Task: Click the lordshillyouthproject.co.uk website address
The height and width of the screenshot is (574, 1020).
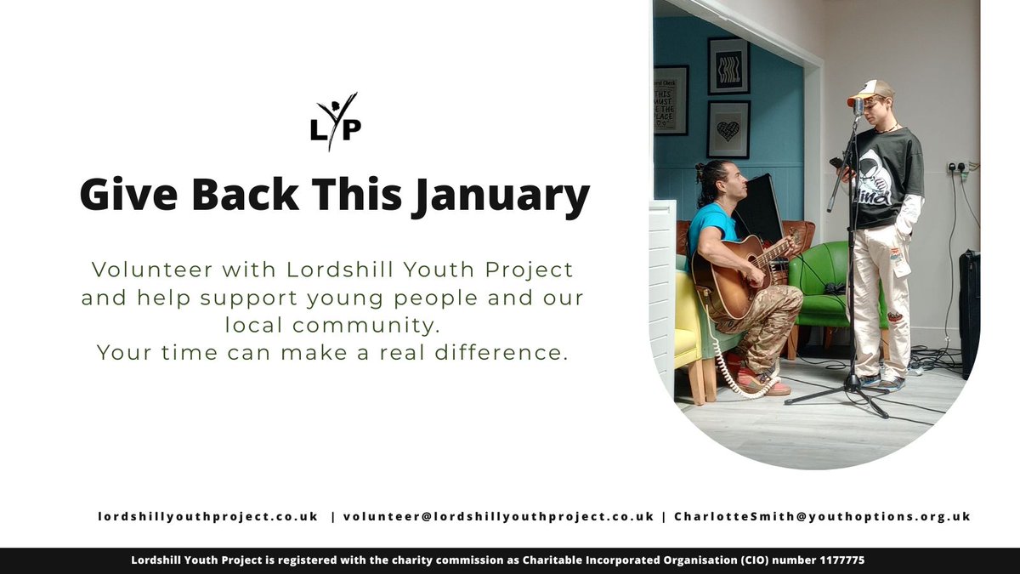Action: [x=207, y=516]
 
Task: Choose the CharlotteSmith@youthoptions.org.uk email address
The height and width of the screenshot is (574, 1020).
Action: [x=822, y=516]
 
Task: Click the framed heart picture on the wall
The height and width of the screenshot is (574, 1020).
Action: [x=728, y=130]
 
